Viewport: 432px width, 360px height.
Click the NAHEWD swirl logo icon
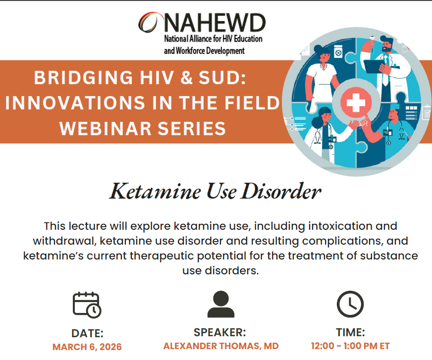[148, 23]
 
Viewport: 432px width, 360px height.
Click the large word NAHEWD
[215, 23]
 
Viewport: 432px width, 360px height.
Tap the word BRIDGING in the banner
[83, 78]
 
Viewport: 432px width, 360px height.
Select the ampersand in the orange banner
[186, 78]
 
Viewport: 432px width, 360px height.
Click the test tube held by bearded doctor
[372, 45]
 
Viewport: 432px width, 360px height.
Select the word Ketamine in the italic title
[156, 191]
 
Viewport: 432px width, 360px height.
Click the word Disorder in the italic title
[281, 191]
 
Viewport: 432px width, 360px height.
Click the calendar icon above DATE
[87, 305]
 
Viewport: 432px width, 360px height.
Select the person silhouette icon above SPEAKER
[220, 304]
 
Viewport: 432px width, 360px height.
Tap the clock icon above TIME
[350, 304]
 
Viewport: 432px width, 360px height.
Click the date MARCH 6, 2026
[87, 347]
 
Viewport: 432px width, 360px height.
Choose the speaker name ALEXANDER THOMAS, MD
[221, 346]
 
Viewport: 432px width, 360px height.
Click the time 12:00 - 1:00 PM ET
[350, 346]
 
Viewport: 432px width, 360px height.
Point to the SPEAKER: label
[219, 332]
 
